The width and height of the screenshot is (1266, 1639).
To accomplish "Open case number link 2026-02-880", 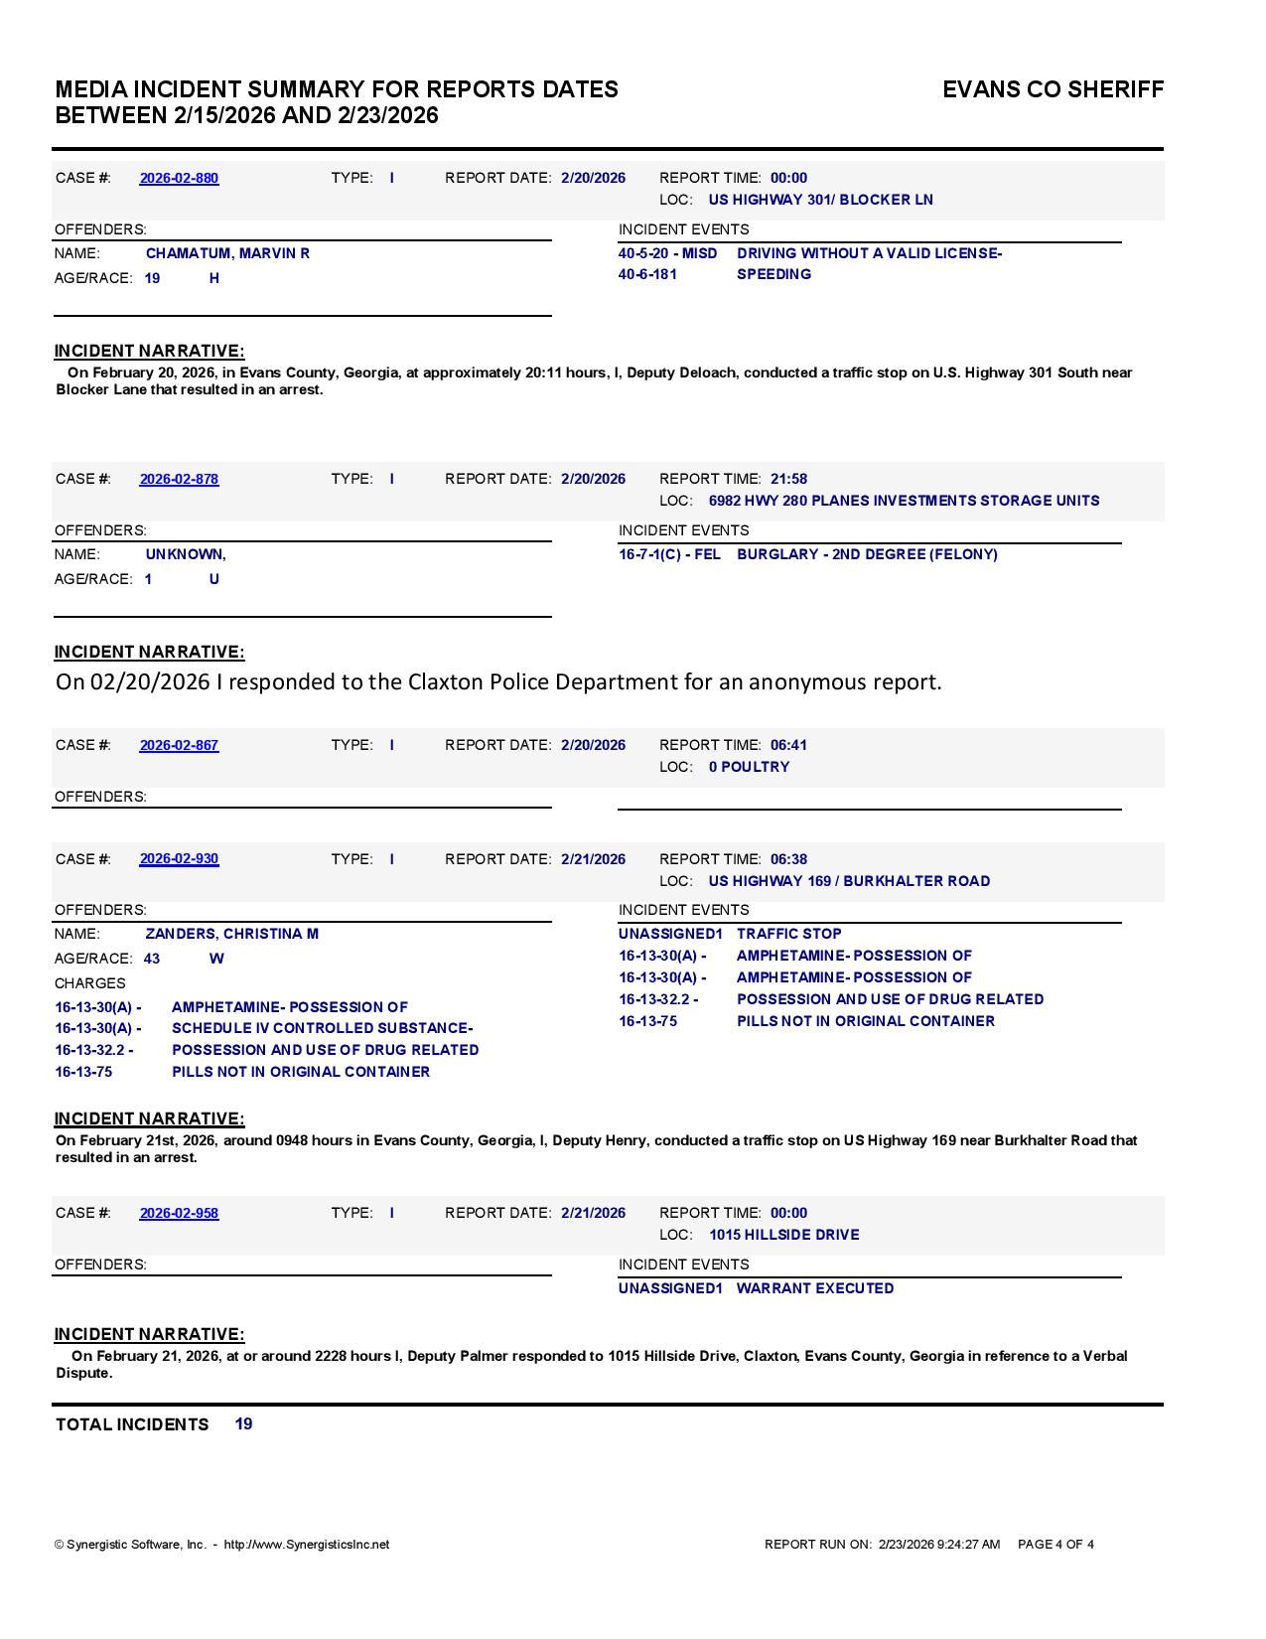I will (x=179, y=178).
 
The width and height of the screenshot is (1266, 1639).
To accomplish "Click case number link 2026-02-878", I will (x=179, y=479).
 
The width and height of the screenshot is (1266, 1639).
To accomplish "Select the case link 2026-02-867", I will (x=179, y=745).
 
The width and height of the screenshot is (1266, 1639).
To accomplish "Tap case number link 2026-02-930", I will (x=179, y=859).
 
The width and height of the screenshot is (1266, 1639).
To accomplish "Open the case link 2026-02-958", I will (x=179, y=1213).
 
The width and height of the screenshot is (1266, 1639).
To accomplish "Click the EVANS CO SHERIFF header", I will (x=1053, y=89).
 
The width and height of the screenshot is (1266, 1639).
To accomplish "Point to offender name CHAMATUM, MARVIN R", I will (x=227, y=253).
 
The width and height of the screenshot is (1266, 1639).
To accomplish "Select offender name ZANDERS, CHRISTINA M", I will (x=231, y=934).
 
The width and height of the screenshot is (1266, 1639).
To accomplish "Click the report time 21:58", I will (x=788, y=479).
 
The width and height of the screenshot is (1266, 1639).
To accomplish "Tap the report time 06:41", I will (x=788, y=745).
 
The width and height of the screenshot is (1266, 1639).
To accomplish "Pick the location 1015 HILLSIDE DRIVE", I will (x=783, y=1235).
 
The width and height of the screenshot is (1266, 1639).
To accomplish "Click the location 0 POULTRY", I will (x=749, y=767).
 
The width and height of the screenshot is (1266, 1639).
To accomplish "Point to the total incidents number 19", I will (x=243, y=1423).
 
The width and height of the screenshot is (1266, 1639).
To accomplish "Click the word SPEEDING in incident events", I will (x=774, y=274).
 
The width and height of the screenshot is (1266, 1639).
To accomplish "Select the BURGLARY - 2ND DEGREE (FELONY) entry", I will (x=867, y=554).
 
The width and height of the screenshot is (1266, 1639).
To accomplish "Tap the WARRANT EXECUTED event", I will (x=814, y=1288).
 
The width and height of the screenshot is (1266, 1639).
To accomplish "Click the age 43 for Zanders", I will (x=152, y=959).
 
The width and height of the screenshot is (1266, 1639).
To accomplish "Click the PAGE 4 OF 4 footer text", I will (x=1055, y=1545).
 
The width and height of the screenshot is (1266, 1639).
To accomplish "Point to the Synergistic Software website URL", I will (x=307, y=1545).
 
